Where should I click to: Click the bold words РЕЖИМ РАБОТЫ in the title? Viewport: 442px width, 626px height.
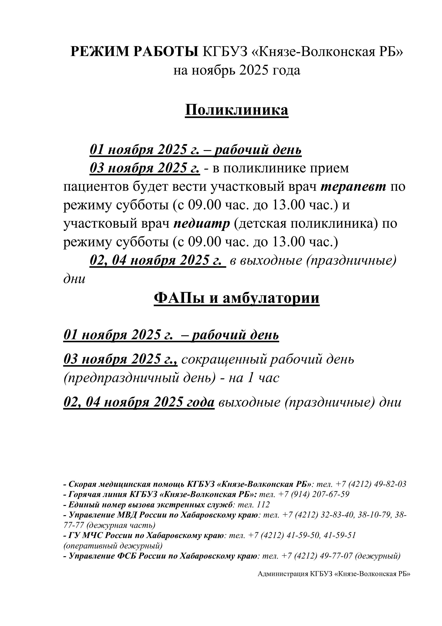[135, 52]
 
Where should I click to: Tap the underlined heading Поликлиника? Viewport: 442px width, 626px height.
[237, 110]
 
